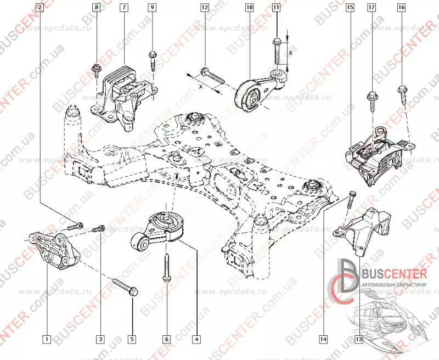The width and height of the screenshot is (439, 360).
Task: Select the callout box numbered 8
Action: tap(97, 8)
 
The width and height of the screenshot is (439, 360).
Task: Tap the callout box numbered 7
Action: tap(125, 8)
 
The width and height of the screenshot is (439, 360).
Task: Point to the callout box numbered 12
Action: tap(205, 8)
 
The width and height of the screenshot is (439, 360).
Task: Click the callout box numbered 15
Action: tap(350, 8)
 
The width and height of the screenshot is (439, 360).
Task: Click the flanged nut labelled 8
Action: tap(97, 69)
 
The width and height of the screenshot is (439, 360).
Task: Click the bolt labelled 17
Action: tap(372, 98)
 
